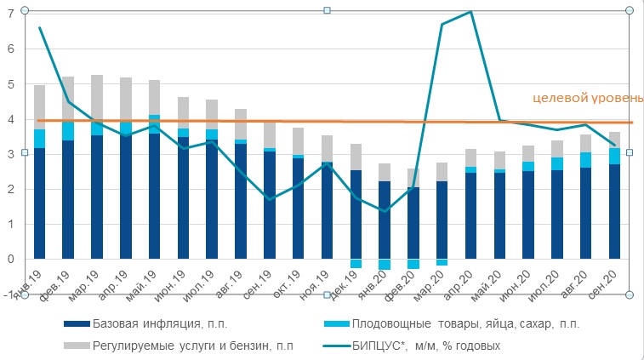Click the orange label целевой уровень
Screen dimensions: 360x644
[x=587, y=99]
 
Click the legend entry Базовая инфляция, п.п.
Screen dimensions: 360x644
[x=159, y=323]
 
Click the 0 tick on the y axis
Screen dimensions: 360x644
[x=10, y=259]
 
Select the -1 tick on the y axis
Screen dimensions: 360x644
[x=9, y=294]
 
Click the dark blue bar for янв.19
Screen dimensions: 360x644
[x=39, y=204]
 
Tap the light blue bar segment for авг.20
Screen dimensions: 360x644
[x=586, y=160]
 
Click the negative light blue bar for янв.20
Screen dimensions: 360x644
[x=385, y=264]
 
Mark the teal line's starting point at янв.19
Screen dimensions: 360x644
[x=39, y=28]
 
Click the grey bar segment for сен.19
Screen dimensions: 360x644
[x=270, y=134]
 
